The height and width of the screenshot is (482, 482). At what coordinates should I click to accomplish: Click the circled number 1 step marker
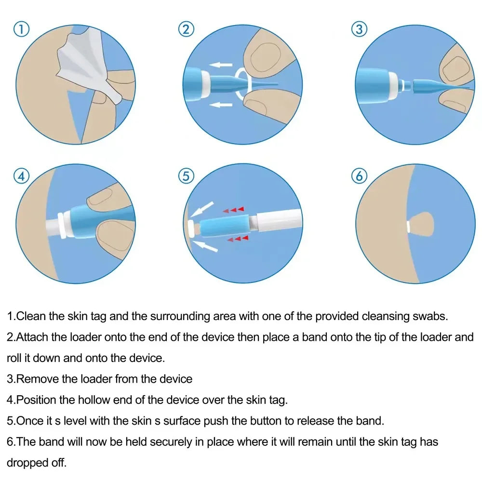[21, 29]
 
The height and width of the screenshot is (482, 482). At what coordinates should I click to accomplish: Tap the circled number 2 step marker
[186, 29]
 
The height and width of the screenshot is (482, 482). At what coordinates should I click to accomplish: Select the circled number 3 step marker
[359, 29]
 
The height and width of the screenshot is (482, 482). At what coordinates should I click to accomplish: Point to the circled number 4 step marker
[21, 176]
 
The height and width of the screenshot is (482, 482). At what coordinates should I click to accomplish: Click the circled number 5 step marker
[186, 176]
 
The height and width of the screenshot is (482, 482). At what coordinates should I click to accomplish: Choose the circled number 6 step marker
[359, 176]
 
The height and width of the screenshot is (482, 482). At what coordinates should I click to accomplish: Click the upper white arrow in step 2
[222, 64]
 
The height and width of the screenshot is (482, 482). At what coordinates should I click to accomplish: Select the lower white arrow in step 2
[222, 104]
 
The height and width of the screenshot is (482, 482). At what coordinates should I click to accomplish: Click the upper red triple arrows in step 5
[233, 210]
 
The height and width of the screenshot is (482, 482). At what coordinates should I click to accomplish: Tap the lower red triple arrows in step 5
[238, 238]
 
